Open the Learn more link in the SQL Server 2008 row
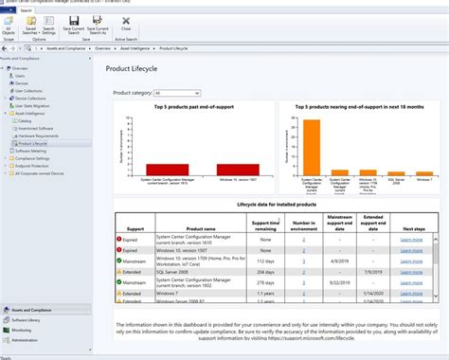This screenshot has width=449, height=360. (410, 271)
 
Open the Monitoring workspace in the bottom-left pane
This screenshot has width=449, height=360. (25, 330)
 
